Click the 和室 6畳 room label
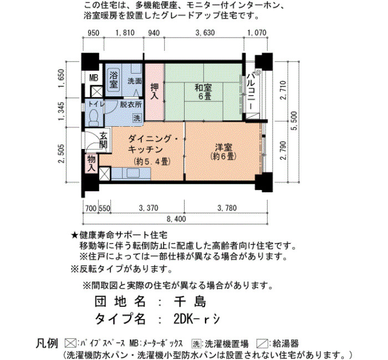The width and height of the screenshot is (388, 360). [203, 92]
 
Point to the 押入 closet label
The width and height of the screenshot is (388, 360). [155, 91]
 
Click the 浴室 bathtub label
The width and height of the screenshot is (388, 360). [114, 80]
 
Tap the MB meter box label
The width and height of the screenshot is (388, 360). [94, 78]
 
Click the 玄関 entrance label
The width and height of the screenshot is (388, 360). [104, 141]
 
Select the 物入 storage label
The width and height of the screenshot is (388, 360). [91, 163]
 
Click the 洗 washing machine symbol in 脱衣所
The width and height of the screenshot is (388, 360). [137, 117]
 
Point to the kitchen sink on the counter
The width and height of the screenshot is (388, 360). [134, 173]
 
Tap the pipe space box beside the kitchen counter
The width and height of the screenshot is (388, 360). [104, 173]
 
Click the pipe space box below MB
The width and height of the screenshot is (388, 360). [96, 91]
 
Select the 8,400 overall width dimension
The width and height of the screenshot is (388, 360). [176, 219]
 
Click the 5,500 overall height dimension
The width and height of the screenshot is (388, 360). [294, 121]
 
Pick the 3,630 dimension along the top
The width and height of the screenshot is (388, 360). [205, 33]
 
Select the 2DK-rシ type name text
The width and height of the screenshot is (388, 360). [197, 319]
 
